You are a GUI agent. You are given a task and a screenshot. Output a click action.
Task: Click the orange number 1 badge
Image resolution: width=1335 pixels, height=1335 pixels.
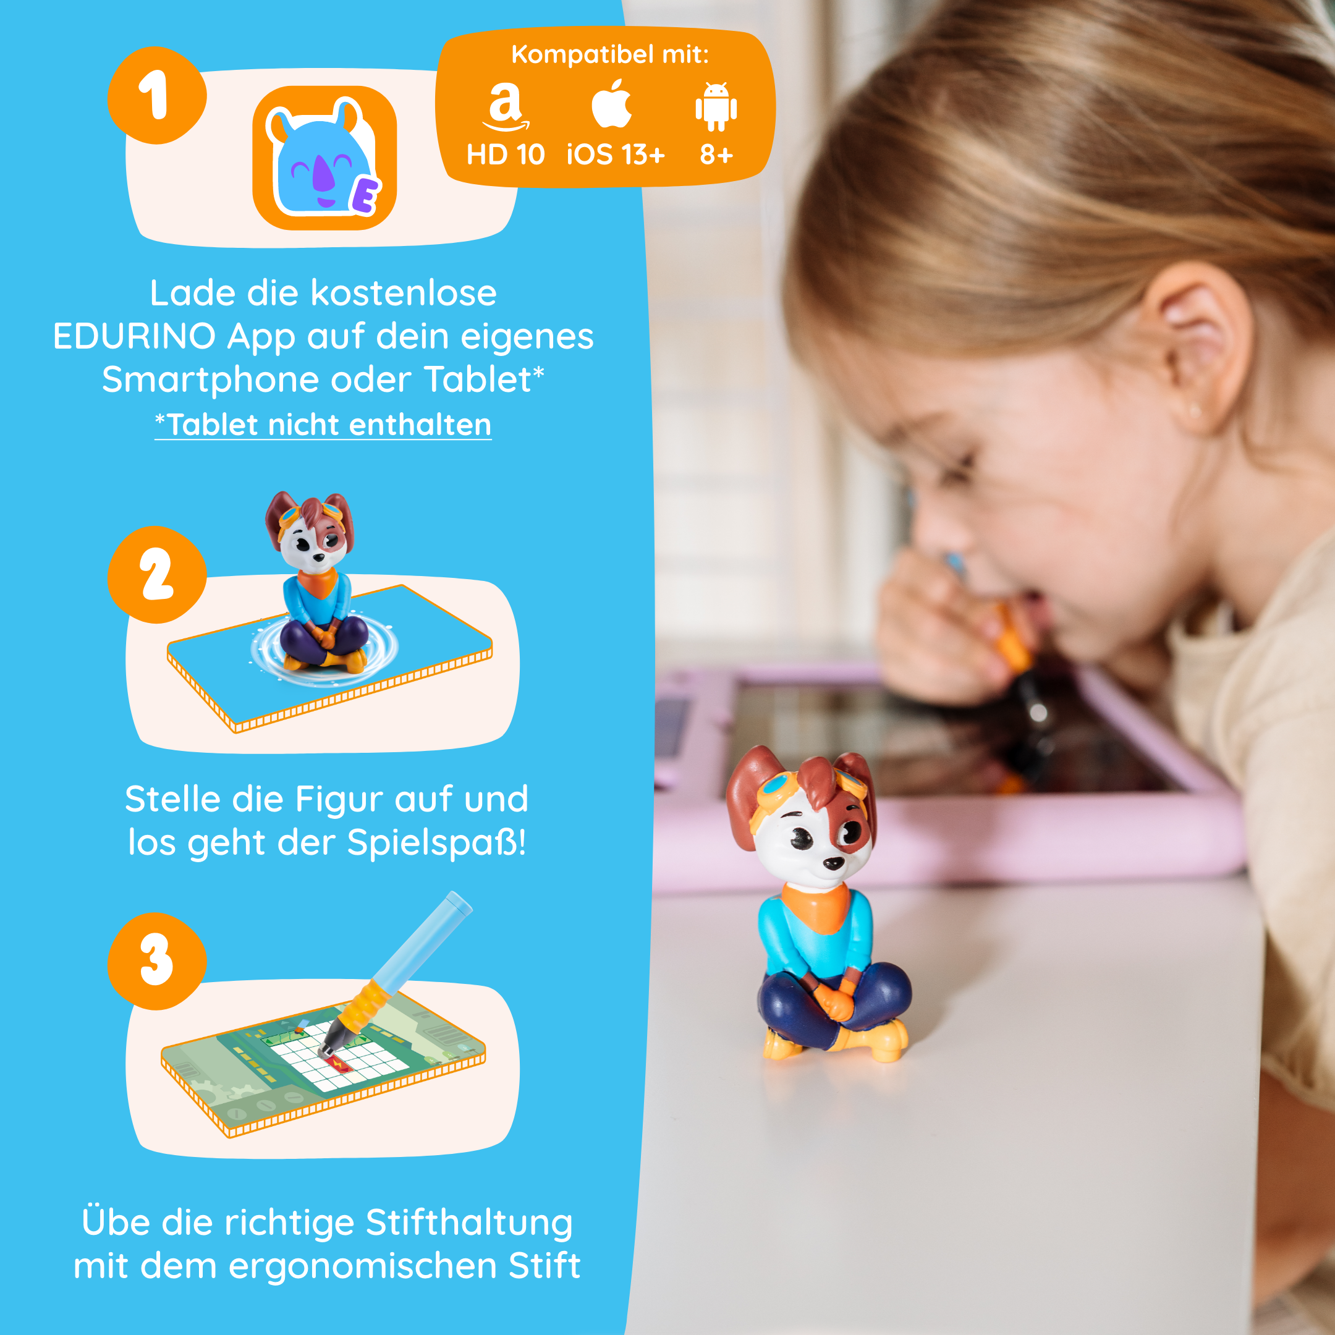click(156, 95)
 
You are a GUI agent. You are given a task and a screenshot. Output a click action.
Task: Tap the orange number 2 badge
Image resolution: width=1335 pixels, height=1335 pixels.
click(156, 575)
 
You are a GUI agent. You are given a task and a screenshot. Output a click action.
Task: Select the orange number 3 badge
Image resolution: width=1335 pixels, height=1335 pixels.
click(156, 960)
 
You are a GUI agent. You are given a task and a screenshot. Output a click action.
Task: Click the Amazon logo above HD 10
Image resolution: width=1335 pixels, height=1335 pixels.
click(506, 106)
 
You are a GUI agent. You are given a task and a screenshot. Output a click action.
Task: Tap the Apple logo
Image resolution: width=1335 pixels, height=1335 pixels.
click(611, 104)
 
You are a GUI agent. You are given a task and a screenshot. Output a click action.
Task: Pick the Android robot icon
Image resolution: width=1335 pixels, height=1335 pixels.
click(716, 106)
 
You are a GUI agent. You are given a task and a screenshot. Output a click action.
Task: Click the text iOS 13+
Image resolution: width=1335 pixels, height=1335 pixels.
click(615, 155)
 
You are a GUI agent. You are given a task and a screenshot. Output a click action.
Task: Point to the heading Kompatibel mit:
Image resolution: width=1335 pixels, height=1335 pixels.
click(609, 54)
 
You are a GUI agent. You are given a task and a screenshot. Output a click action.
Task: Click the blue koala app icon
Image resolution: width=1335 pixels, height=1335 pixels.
click(323, 158)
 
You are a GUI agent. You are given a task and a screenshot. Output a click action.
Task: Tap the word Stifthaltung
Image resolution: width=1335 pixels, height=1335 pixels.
click(469, 1223)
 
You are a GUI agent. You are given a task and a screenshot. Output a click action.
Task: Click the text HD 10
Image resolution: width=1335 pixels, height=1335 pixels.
click(506, 155)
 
